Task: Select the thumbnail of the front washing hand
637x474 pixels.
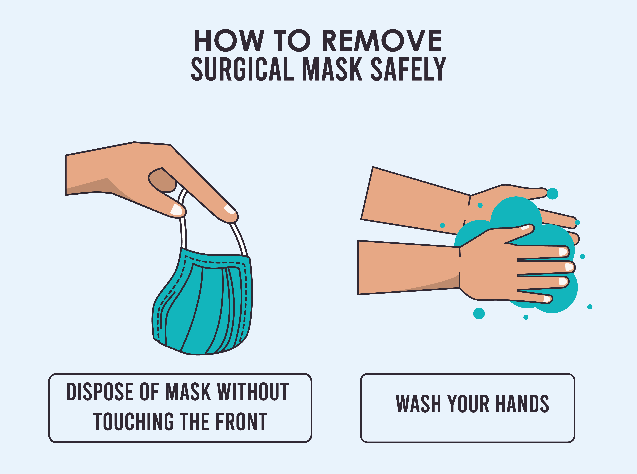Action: (x=525, y=228)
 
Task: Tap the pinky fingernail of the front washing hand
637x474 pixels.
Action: (x=547, y=299)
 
